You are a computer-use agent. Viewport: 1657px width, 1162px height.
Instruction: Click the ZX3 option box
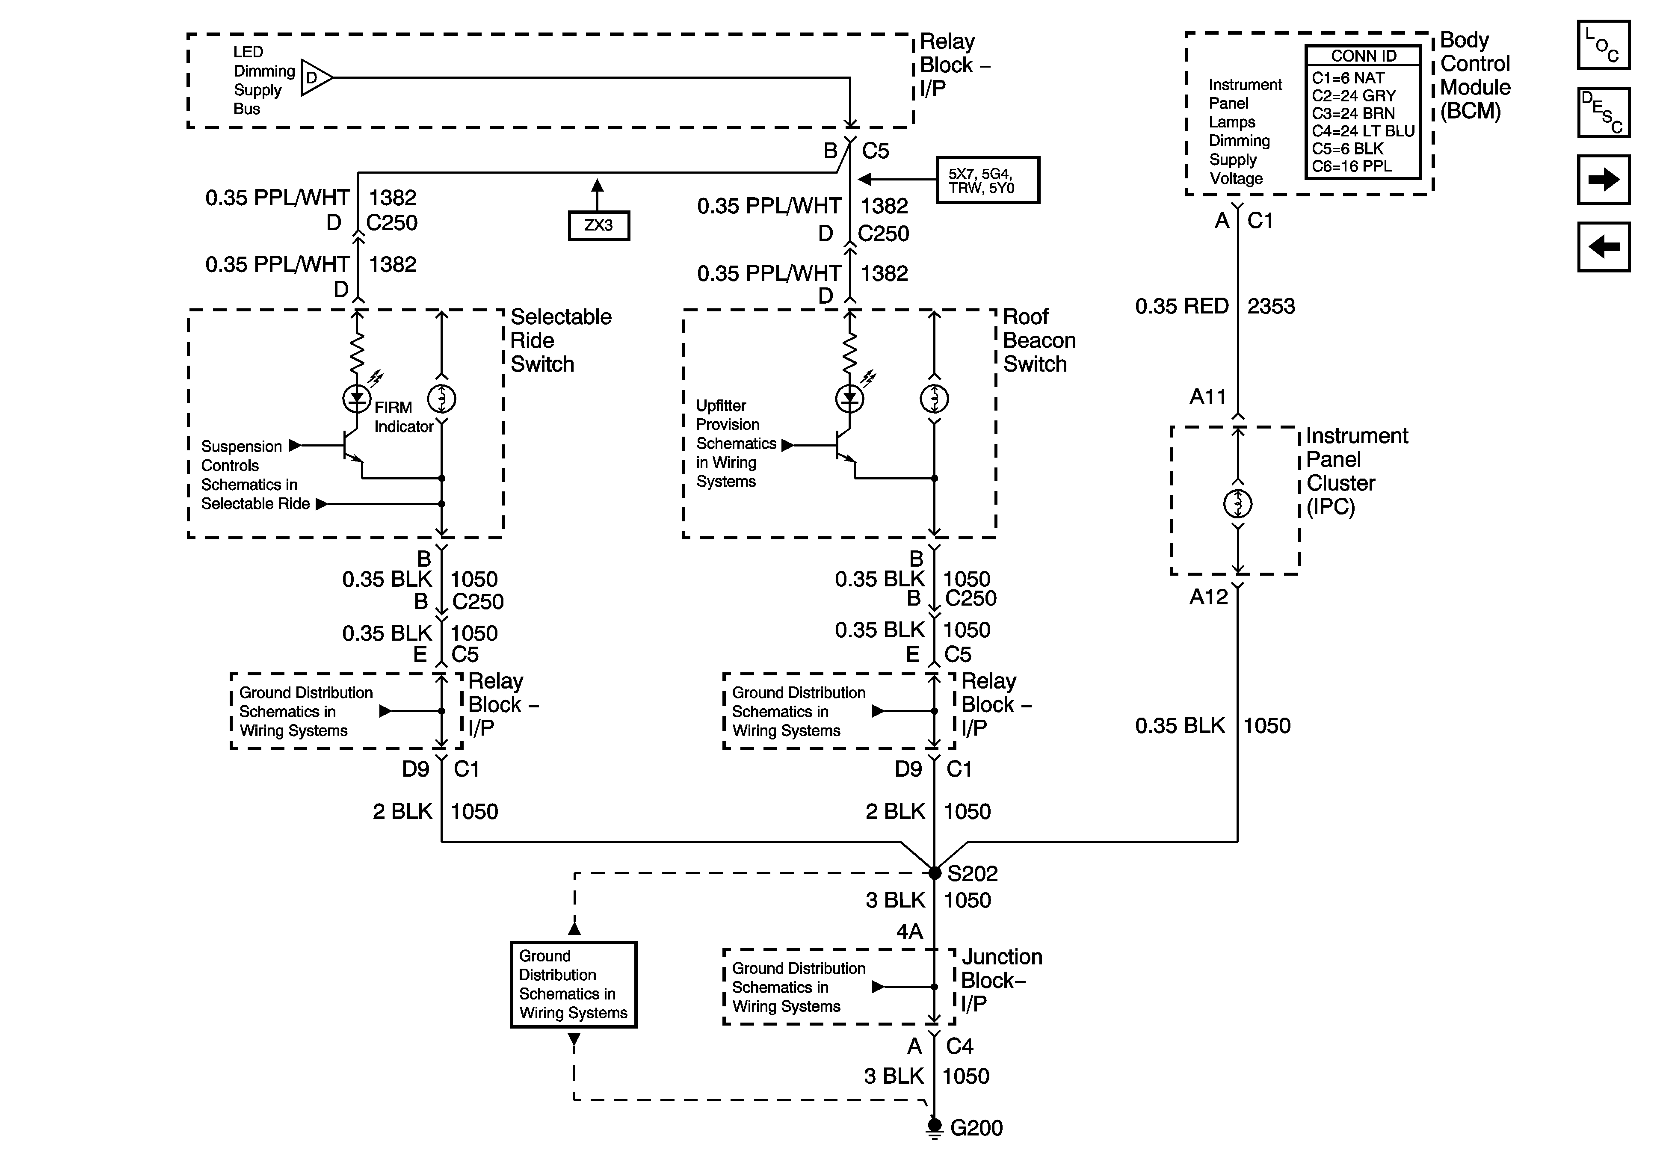pos(598,225)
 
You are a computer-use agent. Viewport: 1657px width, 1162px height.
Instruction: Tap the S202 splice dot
pos(935,873)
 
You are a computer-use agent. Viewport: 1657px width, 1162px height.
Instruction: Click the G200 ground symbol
pos(935,1127)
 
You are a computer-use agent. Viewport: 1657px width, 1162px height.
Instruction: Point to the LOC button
pos(1603,45)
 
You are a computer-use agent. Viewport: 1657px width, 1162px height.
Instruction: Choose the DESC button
pos(1603,112)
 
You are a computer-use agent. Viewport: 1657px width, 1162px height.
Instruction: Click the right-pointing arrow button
pos(1603,179)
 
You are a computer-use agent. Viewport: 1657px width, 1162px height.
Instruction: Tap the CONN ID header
pos(1363,56)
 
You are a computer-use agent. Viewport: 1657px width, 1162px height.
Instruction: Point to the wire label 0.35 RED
pos(1181,306)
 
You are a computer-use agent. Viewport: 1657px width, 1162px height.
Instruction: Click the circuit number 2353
pos(1271,306)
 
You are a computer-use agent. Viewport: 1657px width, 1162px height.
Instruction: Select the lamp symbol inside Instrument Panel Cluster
pos(1238,504)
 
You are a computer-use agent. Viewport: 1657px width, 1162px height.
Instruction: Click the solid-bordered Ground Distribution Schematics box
pos(573,985)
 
